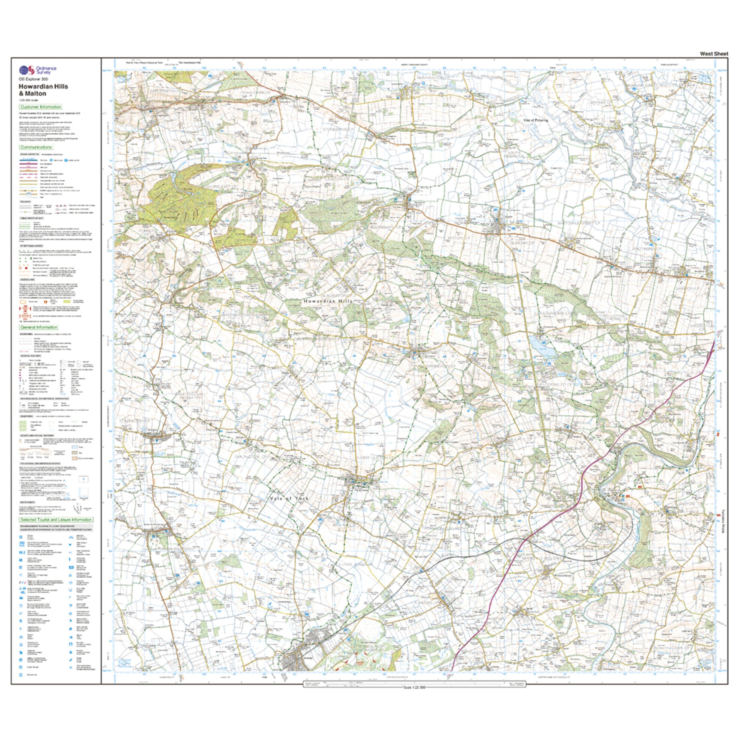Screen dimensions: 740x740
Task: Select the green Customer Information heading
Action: (41, 107)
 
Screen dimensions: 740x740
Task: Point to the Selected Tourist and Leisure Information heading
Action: (56, 520)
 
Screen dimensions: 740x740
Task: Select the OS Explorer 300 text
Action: (34, 79)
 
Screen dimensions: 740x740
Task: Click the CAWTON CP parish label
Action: (336, 179)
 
